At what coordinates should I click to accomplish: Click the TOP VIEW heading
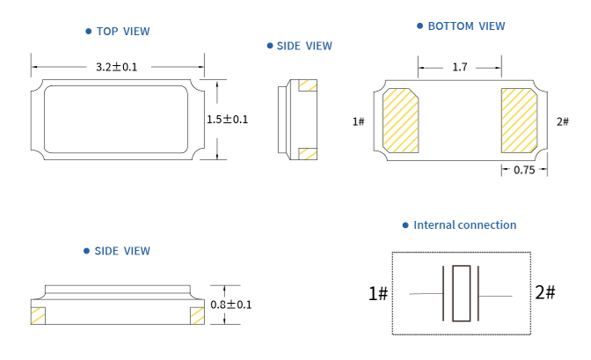tap(122, 32)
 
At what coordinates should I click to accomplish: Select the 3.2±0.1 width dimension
tap(117, 67)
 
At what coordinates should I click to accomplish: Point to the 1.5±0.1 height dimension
tap(228, 120)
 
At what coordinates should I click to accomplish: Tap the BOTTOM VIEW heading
tap(466, 26)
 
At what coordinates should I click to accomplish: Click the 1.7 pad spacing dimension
tap(459, 67)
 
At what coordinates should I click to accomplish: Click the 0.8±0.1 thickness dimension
tap(231, 305)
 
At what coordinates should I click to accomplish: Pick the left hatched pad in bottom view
tap(402, 119)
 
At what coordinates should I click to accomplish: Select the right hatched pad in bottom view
tap(518, 119)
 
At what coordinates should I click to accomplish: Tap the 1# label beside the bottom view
tap(358, 121)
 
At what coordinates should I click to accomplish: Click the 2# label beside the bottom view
tap(563, 121)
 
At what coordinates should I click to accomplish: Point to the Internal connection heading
tap(464, 225)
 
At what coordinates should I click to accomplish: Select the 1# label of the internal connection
tap(378, 293)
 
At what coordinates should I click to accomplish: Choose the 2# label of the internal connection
tap(544, 292)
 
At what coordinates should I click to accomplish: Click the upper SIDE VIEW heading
tap(304, 46)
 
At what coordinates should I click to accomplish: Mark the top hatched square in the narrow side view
tap(308, 85)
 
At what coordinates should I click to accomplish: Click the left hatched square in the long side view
tap(38, 315)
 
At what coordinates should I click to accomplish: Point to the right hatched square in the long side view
tap(196, 315)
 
